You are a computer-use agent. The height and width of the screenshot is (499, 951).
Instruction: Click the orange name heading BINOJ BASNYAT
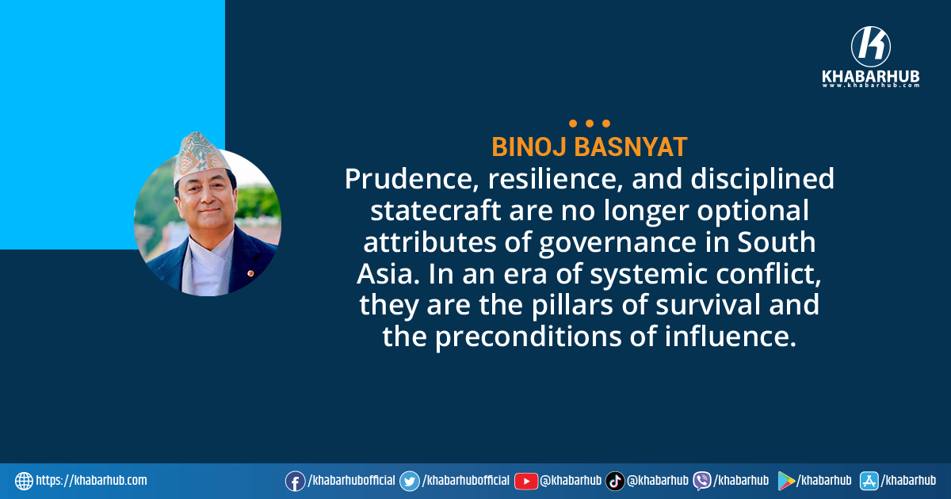pos(590,147)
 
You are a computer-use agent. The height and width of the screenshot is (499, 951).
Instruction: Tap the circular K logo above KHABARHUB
pos(871,46)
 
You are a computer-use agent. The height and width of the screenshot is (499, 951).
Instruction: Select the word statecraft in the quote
pos(435,211)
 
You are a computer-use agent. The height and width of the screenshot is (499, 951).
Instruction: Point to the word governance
pos(617,242)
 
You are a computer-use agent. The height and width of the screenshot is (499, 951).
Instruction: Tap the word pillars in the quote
pos(572,305)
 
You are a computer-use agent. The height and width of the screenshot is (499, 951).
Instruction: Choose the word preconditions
pos(528,337)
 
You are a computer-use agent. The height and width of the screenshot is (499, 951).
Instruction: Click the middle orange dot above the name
pos(590,124)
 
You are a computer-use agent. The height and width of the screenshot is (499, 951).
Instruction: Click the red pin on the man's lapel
pos(250,273)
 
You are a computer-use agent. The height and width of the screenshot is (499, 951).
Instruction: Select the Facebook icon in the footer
pos(295,482)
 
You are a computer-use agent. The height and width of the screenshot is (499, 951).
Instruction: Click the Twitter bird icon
pos(410,482)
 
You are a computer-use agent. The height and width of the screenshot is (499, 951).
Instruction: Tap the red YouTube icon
pos(526,482)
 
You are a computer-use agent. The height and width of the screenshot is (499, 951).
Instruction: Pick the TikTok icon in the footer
pos(615,482)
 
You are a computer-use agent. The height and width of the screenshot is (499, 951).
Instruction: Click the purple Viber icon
pos(702,482)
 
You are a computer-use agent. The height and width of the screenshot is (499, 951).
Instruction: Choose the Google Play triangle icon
pos(786,482)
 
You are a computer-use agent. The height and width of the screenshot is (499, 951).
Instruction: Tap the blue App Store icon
pos(869,482)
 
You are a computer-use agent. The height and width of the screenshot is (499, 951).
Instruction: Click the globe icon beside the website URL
pos(24,482)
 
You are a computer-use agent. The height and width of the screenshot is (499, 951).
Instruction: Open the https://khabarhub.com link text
pos(91,481)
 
